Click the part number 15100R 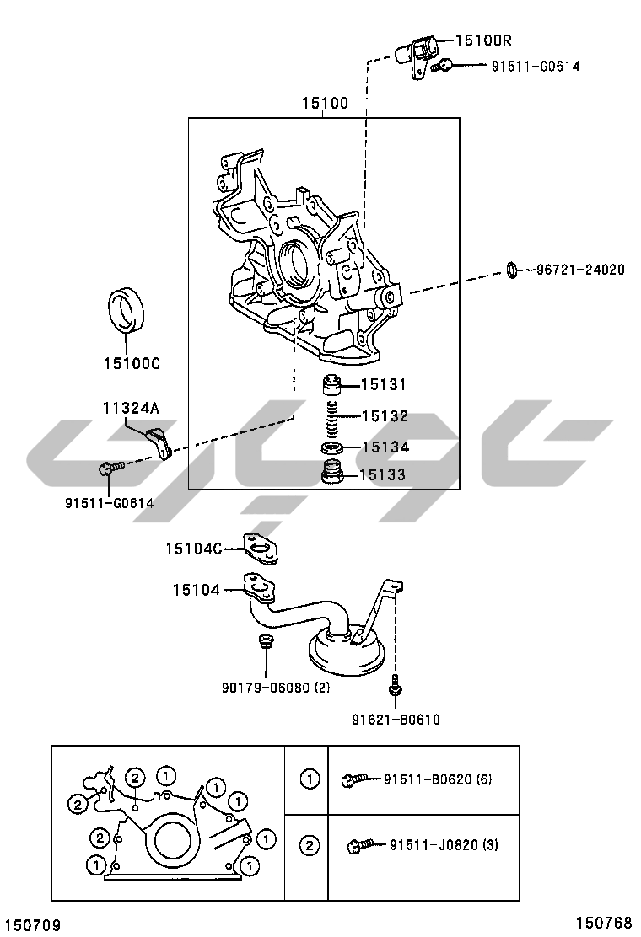point(483,40)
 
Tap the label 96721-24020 point(580,270)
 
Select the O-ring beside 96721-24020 point(512,270)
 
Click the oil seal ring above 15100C point(127,310)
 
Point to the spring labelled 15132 point(333,418)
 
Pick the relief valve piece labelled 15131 point(331,384)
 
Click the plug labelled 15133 point(331,473)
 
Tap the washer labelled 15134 point(331,447)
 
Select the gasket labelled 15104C point(260,549)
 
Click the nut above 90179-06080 point(265,642)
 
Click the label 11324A point(131,408)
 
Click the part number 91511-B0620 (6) point(438,779)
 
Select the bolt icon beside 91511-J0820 point(361,844)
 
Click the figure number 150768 point(604,924)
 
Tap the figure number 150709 point(34,925)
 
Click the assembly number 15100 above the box point(325,104)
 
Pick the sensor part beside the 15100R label point(417,55)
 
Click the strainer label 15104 point(197,590)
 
